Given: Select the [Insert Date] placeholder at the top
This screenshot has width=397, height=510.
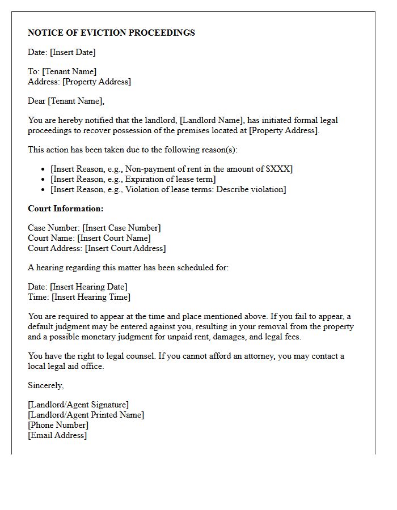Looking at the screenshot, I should pyautogui.click(x=73, y=52).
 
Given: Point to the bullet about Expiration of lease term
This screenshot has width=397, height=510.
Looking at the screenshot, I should pyautogui.click(x=133, y=179).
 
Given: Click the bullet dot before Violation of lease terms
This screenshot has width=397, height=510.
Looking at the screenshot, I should pyautogui.click(x=44, y=189).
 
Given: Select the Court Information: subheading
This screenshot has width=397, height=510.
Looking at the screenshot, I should pyautogui.click(x=66, y=209).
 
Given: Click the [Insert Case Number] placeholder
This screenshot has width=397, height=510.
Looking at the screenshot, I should pyautogui.click(x=121, y=228).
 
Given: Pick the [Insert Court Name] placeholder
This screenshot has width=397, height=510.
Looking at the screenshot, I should pyautogui.click(x=114, y=238).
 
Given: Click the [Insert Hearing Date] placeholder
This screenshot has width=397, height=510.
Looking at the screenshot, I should pyautogui.click(x=88, y=287).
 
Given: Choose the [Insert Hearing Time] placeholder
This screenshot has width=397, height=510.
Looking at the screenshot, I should pyautogui.click(x=91, y=297).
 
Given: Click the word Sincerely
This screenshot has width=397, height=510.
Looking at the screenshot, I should pyautogui.click(x=45, y=385).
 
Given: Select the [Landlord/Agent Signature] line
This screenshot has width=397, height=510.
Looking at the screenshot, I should pyautogui.click(x=78, y=405).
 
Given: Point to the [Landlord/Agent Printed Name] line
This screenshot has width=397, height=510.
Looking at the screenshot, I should pyautogui.click(x=86, y=415).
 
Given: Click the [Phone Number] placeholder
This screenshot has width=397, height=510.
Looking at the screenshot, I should pyautogui.click(x=58, y=425).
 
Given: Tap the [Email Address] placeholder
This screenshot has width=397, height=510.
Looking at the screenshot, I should pyautogui.click(x=57, y=435).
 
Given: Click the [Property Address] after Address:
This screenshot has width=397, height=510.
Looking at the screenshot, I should pyautogui.click(x=96, y=82).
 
